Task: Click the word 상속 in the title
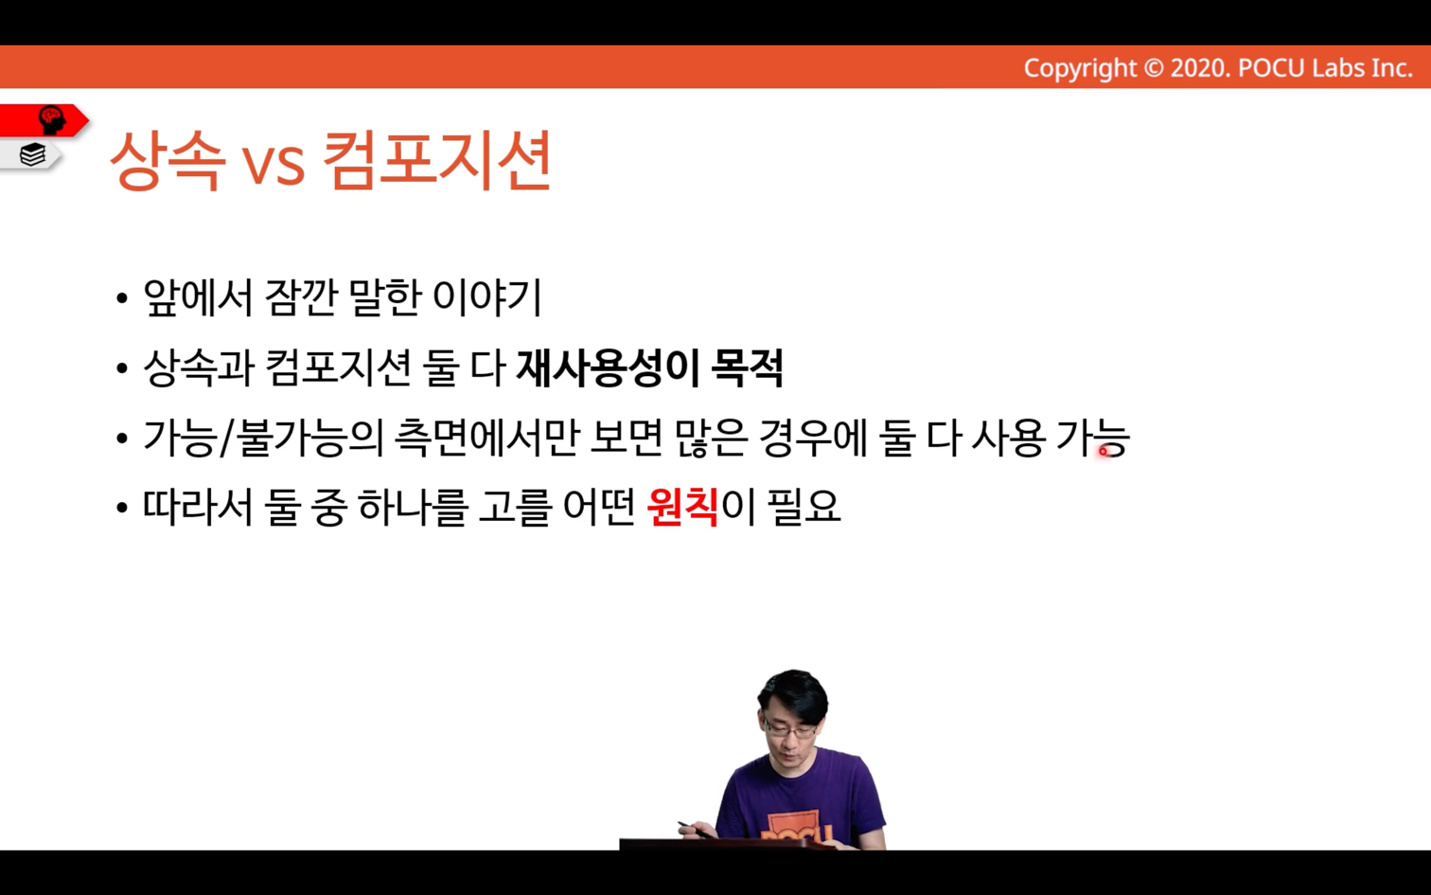168,160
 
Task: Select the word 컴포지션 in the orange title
437,160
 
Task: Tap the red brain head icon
51,120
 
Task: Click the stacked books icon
32,154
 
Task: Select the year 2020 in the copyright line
1200,68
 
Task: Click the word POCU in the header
1271,68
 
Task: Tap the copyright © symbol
1153,68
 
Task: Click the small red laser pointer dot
1103,452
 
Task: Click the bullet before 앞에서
122,298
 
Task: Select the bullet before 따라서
122,509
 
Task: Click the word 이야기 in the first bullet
486,298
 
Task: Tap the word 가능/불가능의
262,438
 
